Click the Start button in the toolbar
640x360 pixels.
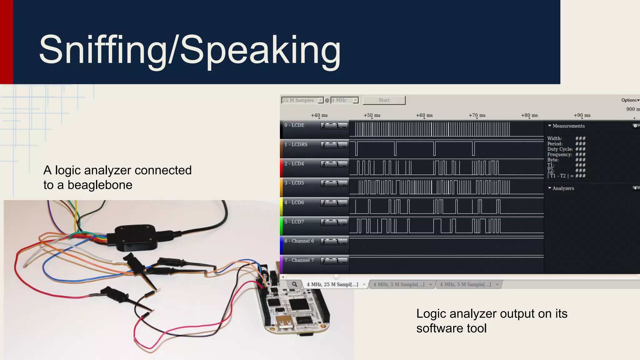384,100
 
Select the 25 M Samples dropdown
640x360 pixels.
302,100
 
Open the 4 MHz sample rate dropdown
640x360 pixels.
344,100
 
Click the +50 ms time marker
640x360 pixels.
372,115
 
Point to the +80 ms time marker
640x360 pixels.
529,115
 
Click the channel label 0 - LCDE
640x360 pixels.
294,125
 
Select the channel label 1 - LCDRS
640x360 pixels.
296,144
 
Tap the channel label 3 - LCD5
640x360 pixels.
294,183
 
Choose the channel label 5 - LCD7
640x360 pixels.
294,222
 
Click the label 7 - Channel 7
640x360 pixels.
299,260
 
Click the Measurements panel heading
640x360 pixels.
568,126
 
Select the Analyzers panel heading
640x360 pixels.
563,188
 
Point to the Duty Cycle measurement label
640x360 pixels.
560,149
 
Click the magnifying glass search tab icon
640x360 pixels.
294,284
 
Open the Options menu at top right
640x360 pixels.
630,100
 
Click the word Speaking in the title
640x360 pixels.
260,50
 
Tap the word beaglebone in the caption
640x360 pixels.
100,185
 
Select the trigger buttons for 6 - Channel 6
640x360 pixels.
334,241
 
